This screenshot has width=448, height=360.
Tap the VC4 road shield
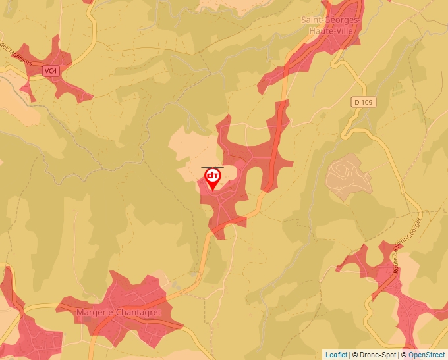pyautogui.click(x=50, y=70)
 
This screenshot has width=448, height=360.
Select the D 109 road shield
pyautogui.click(x=362, y=102)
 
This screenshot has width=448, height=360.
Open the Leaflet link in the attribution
pyautogui.click(x=336, y=355)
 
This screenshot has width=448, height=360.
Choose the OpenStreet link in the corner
pyautogui.click(x=428, y=355)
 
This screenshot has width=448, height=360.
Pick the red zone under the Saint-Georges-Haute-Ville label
pyautogui.click(x=323, y=49)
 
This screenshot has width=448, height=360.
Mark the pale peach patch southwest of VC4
pyautogui.click(x=20, y=109)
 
